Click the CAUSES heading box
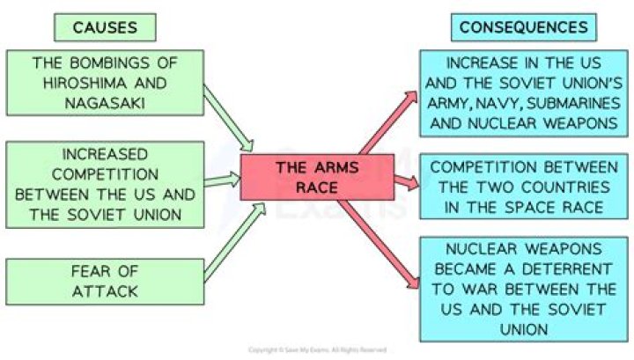(x=104, y=26)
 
